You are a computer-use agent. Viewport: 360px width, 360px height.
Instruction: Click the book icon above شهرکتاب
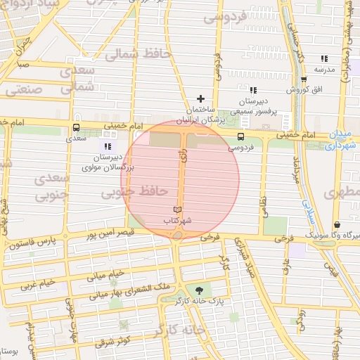pyautogui.click(x=177, y=210)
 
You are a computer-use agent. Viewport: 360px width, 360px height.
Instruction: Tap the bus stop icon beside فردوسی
pyautogui.click(x=240, y=137)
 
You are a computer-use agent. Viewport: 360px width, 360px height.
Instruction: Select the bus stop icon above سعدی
pyautogui.click(x=76, y=127)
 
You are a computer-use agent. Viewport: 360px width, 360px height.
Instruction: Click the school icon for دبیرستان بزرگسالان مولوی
pyautogui.click(x=107, y=146)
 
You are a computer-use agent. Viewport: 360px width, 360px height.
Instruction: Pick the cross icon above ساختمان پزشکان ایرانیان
pyautogui.click(x=200, y=98)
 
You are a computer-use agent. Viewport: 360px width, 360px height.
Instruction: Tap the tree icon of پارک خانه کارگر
pyautogui.click(x=200, y=290)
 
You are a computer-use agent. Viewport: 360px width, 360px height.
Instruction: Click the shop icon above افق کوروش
pyautogui.click(x=303, y=79)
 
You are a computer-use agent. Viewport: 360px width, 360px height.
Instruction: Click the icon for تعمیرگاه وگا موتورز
pyautogui.click(x=337, y=224)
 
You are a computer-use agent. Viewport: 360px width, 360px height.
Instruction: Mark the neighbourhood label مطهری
pyautogui.click(x=342, y=192)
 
